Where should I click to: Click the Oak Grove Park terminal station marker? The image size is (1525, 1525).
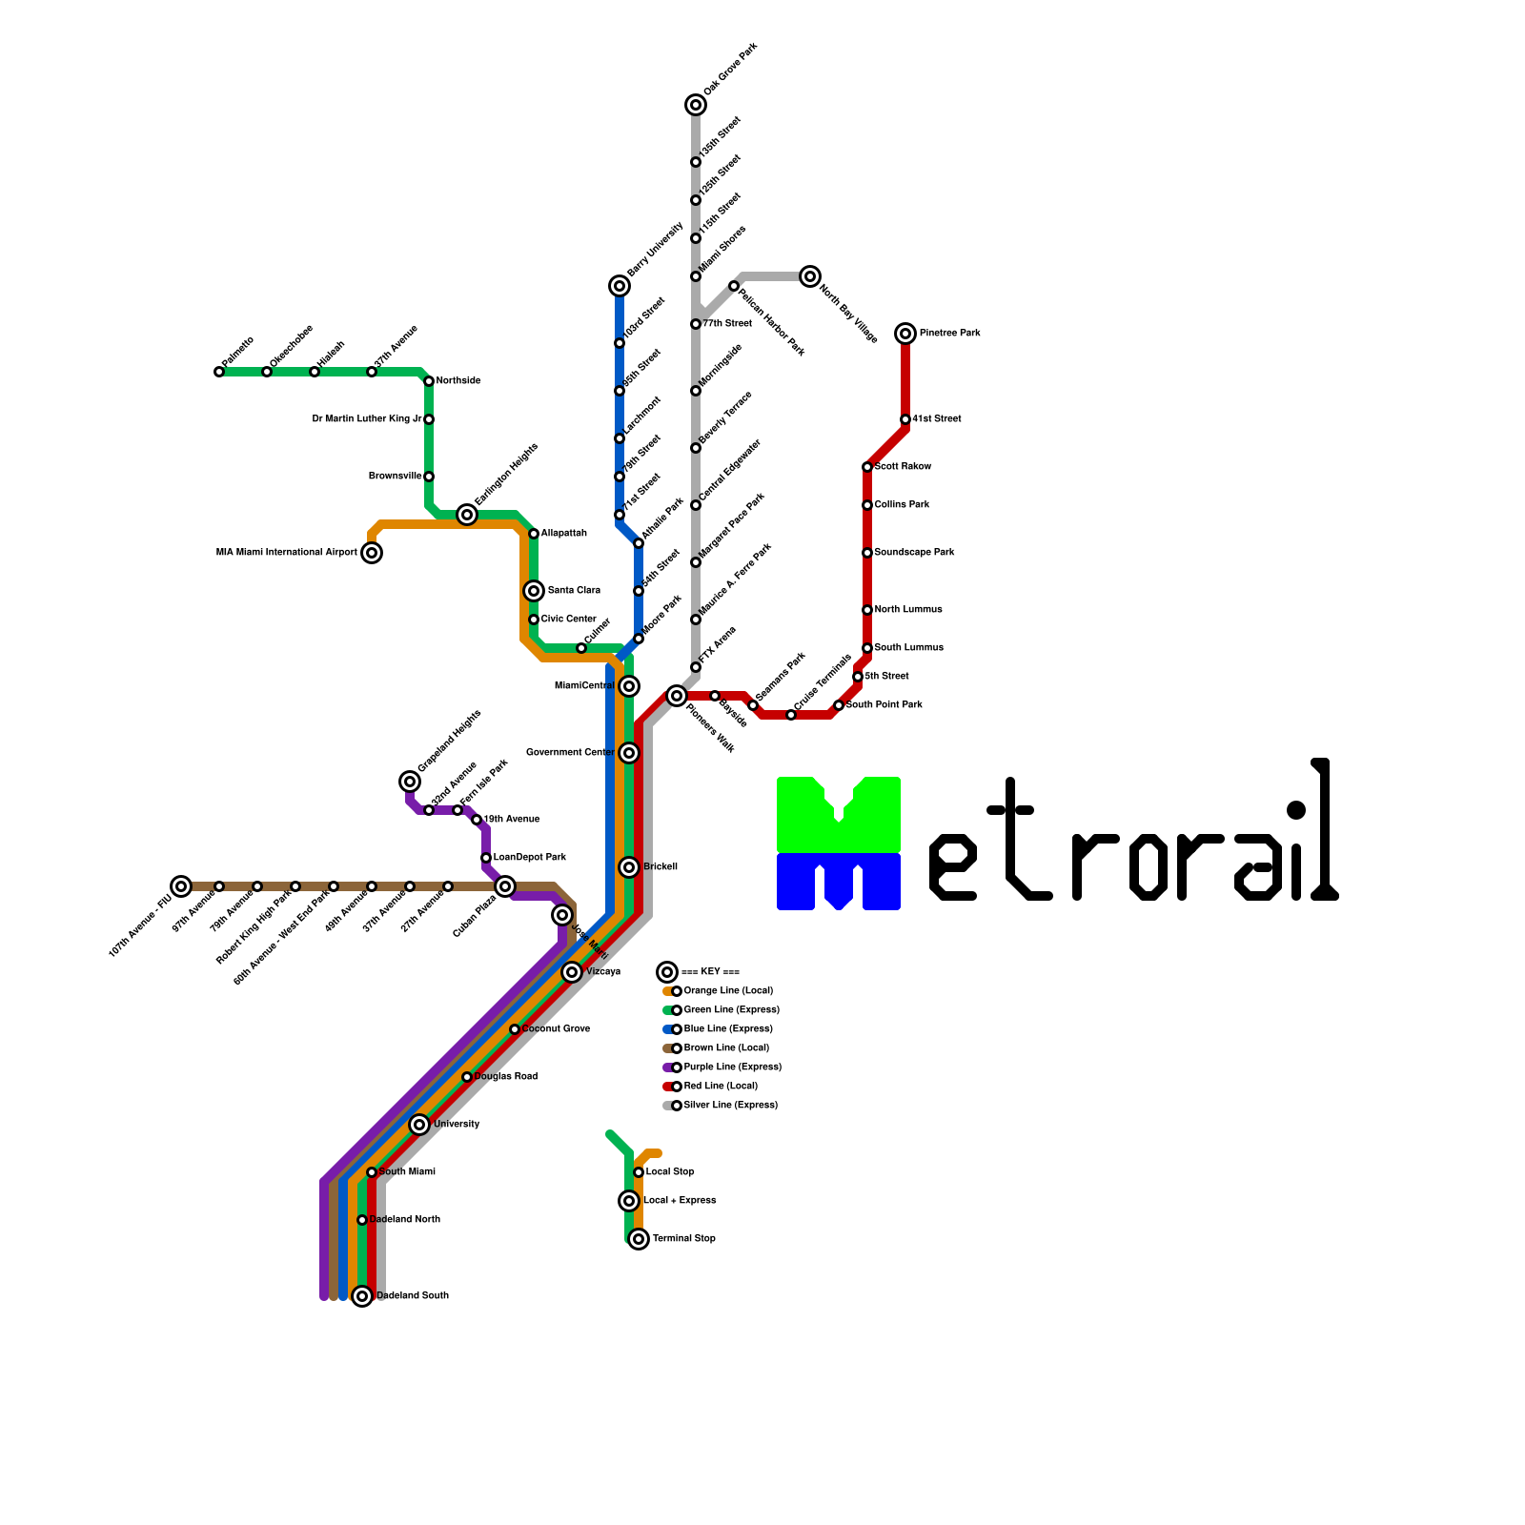[x=696, y=105]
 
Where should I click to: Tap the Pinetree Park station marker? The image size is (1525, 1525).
[x=905, y=334]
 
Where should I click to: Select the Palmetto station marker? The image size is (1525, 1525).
[x=219, y=372]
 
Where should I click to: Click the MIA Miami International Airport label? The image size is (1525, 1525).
[x=286, y=553]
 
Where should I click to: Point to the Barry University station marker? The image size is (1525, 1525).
[x=620, y=286]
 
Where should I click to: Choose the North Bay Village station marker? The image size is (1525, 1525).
[x=810, y=276]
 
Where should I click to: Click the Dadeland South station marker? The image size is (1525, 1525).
[x=362, y=1296]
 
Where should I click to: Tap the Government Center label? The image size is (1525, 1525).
[x=570, y=753]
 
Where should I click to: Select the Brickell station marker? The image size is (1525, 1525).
[x=629, y=867]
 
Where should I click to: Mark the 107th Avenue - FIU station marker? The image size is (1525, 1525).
[x=181, y=886]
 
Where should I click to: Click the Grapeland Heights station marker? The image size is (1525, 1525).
[x=410, y=782]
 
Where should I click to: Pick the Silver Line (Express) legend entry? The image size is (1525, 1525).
[x=730, y=1106]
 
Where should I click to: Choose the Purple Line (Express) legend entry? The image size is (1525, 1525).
[x=732, y=1067]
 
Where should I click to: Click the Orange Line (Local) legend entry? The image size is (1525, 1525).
[x=728, y=991]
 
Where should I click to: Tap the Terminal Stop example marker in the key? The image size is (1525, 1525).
[x=639, y=1239]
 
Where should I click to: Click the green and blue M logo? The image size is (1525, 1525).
[x=839, y=844]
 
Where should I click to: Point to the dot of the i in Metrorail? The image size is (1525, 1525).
[x=1296, y=810]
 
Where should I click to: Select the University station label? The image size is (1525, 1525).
[x=457, y=1125]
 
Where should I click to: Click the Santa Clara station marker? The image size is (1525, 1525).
[x=534, y=591]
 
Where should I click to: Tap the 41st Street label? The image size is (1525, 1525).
[x=936, y=419]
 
